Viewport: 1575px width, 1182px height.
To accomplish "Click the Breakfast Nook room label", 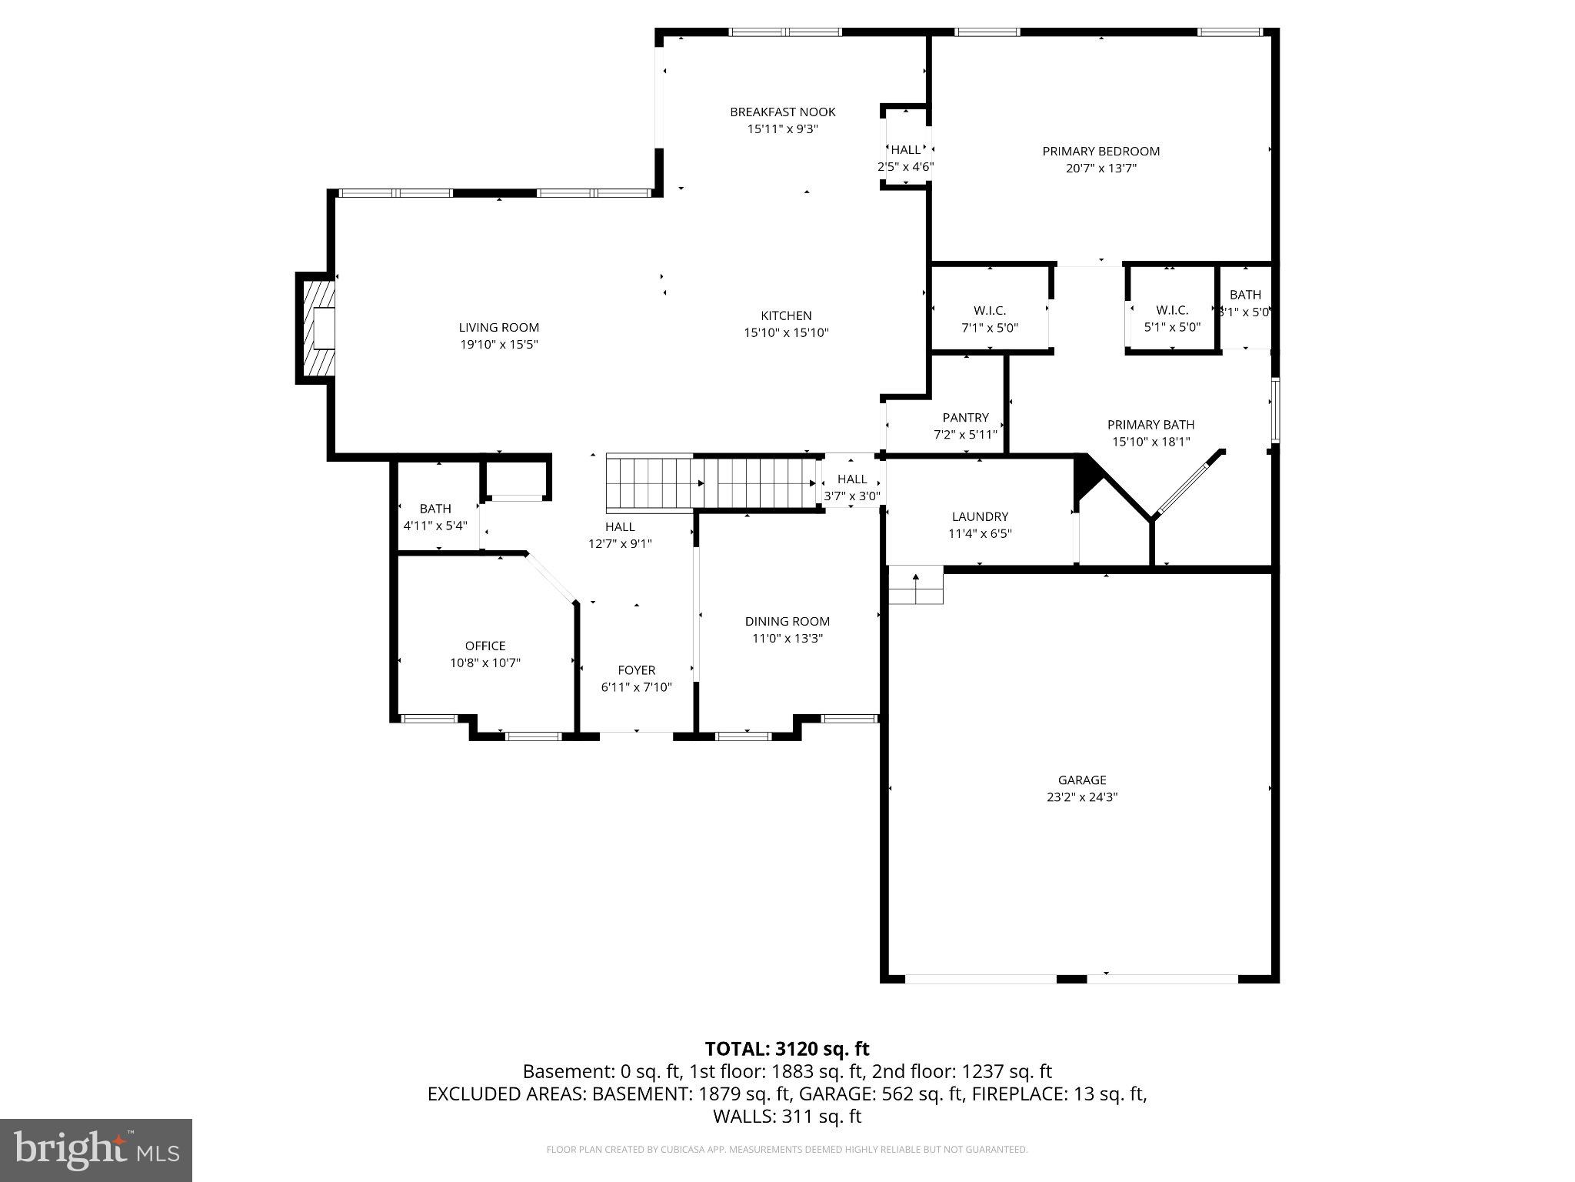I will coord(782,112).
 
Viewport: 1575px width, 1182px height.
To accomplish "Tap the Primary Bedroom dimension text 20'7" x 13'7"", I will coord(1101,169).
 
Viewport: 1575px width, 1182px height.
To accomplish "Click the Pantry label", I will coord(965,418).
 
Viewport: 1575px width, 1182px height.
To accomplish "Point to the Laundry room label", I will coord(979,517).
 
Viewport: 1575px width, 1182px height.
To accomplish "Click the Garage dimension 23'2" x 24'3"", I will coord(1081,797).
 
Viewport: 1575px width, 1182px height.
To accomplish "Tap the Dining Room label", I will coord(787,622).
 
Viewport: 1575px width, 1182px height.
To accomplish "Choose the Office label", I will coord(484,646).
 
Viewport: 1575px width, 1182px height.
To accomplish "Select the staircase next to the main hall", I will coord(711,482).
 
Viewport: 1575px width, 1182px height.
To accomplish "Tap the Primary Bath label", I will coord(1150,425).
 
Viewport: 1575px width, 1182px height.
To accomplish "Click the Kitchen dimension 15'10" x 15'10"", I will coord(786,333).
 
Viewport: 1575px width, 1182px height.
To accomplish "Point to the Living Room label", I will coord(498,328).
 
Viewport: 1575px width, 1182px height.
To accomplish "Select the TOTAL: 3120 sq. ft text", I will coord(787,1049).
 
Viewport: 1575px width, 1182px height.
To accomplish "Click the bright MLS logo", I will coord(96,1150).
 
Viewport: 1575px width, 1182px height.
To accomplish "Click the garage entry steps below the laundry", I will coord(915,586).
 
